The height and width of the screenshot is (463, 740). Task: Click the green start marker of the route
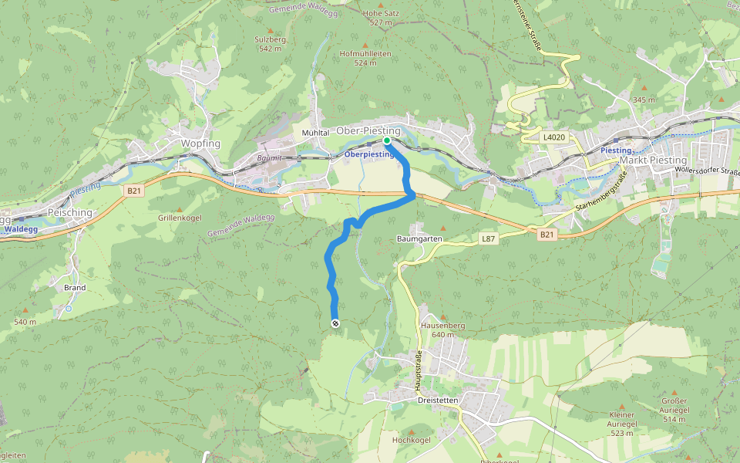(387, 141)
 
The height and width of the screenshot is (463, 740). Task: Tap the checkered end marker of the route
(335, 323)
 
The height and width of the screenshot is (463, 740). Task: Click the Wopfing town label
(200, 144)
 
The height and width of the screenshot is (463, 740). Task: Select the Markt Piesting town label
(653, 161)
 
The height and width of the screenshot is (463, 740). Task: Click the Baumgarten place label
(418, 239)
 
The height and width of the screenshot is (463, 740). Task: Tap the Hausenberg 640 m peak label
(443, 330)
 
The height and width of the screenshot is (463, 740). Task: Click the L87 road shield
(488, 239)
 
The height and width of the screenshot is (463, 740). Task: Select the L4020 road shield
(553, 137)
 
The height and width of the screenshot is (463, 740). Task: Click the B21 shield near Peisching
(133, 189)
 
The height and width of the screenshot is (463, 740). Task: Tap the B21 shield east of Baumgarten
(547, 235)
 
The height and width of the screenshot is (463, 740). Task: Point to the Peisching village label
(70, 213)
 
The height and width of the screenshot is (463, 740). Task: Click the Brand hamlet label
(75, 287)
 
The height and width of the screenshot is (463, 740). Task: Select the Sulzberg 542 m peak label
(270, 43)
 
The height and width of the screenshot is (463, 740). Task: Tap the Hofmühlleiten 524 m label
(365, 58)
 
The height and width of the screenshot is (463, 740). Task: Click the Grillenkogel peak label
(180, 218)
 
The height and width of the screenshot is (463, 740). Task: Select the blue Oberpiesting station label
(368, 154)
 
